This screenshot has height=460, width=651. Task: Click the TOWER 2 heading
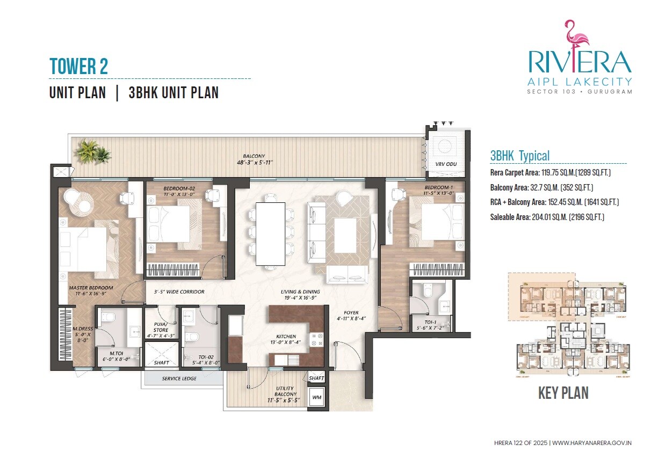tap(78, 66)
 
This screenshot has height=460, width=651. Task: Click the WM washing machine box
tap(316, 398)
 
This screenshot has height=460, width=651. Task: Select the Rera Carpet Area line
tap(551, 173)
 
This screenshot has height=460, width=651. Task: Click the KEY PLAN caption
tap(563, 393)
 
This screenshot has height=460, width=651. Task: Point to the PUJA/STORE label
tap(161, 326)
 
